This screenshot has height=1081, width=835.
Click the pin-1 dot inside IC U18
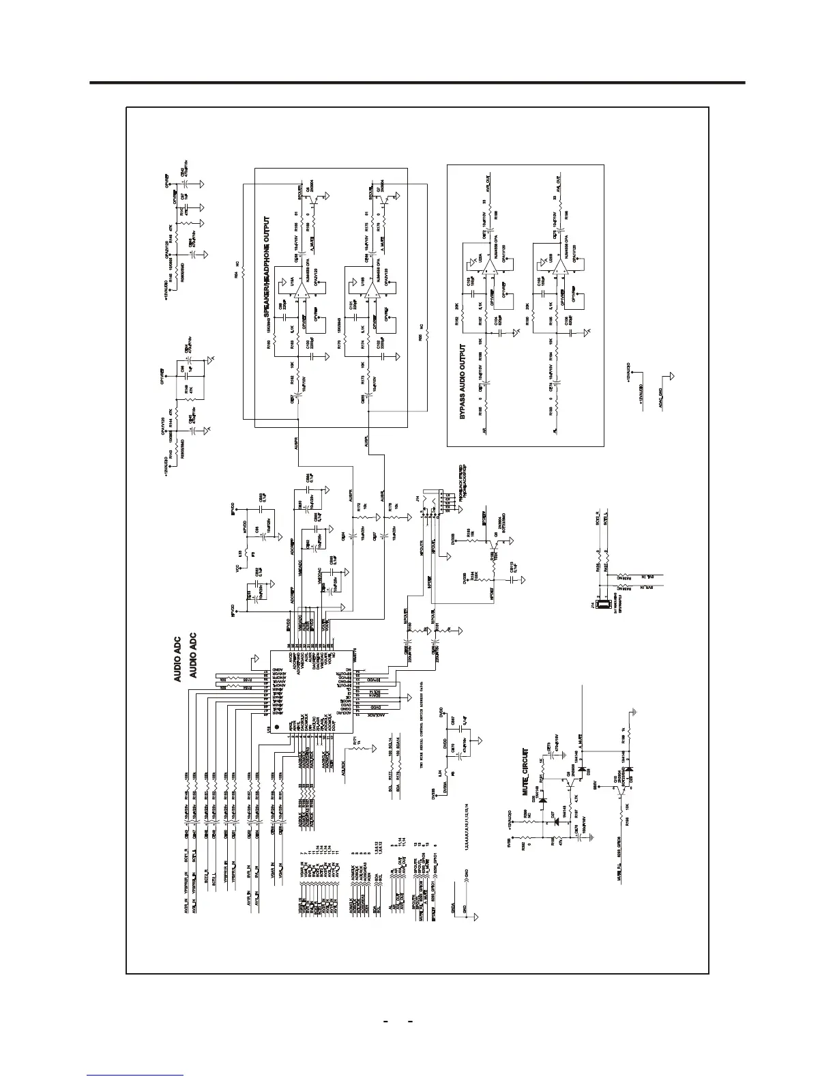pyautogui.click(x=276, y=726)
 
